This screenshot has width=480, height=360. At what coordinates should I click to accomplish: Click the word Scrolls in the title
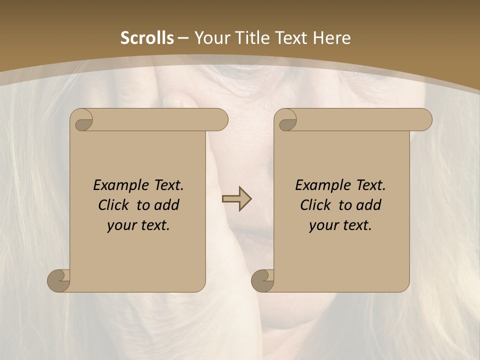pos(147,38)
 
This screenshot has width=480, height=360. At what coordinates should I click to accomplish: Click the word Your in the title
pos(211,38)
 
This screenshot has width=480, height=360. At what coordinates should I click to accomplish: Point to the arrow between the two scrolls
pos(236,199)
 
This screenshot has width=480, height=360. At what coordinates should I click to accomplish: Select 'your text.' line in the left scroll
pos(138,225)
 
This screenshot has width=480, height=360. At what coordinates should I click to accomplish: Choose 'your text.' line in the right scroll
pos(340,225)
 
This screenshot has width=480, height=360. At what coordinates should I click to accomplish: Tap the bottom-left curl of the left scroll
pos(58,280)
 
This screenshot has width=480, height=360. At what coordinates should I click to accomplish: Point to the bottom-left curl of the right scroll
pos(262,280)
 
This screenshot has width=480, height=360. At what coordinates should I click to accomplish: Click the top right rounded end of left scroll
pos(219,119)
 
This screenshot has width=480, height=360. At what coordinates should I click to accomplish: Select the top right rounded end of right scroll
pos(423,119)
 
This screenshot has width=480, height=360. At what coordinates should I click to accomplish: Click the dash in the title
pos(183,38)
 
